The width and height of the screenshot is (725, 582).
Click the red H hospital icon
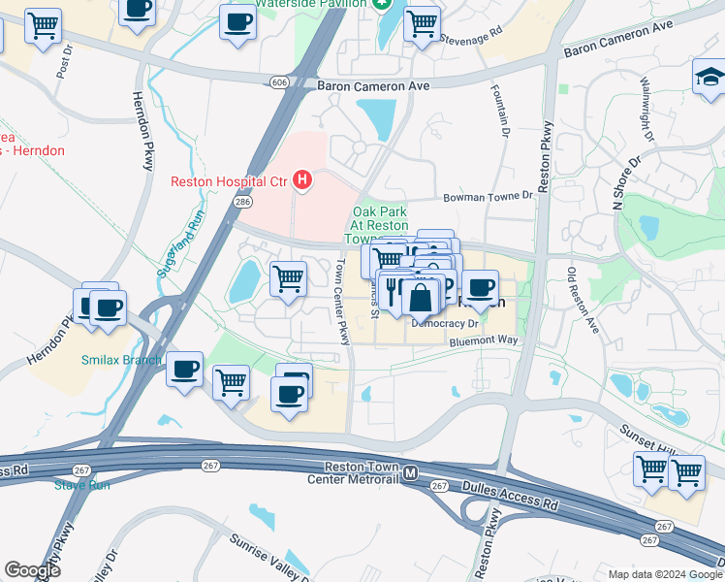[x=303, y=179]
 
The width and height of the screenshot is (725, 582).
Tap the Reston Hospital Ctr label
[x=230, y=180]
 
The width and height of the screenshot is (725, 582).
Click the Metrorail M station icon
[x=411, y=473]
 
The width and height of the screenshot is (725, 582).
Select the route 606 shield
[x=280, y=83]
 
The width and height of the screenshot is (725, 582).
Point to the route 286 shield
[x=242, y=202]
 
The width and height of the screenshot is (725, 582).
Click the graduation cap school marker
[x=709, y=78]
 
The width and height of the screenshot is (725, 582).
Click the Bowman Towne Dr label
[x=489, y=196]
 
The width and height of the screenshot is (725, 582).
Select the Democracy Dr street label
[x=445, y=323]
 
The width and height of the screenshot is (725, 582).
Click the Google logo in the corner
[x=32, y=569]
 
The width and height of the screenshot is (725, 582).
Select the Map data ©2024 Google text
[x=665, y=574]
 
